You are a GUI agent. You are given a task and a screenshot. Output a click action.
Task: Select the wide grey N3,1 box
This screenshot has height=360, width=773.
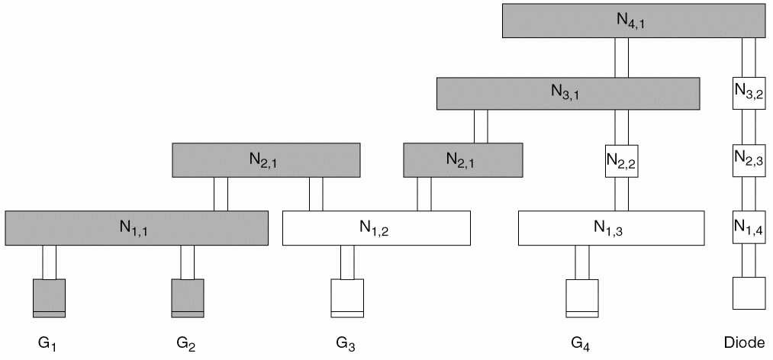tap(568, 93)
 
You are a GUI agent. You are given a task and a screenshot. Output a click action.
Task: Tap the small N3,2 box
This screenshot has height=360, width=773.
tap(748, 93)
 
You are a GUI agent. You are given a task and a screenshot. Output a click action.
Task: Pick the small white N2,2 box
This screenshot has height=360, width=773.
tap(621, 161)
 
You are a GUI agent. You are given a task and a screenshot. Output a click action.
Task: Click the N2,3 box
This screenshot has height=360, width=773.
tap(748, 159)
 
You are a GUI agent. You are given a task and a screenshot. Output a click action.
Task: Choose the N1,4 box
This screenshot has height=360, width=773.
tap(748, 227)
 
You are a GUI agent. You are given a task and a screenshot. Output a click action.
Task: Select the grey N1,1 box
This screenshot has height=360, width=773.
tap(137, 228)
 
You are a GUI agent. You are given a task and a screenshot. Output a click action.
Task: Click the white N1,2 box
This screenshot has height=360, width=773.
tap(376, 228)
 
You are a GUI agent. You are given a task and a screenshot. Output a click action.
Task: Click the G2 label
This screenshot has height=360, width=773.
tap(186, 344)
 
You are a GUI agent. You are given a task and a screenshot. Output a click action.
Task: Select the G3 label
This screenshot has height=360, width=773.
tap(345, 344)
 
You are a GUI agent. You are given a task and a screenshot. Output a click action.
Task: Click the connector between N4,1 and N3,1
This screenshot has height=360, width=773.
tap(621, 57)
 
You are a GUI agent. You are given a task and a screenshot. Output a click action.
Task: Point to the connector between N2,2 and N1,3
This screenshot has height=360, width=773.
tap(621, 194)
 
